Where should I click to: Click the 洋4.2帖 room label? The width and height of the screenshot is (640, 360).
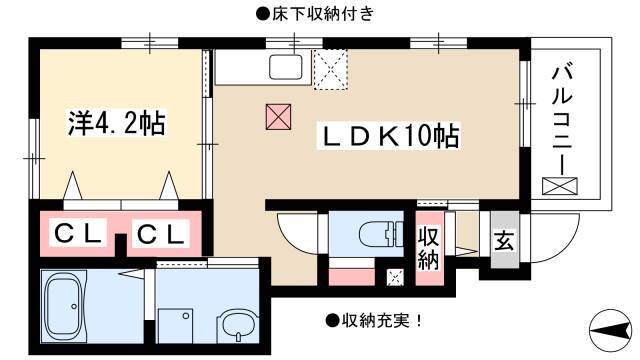pyautogui.click(x=117, y=123)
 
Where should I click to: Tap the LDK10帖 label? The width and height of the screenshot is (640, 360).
pyautogui.click(x=389, y=136)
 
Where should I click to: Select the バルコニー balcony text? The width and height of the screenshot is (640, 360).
pyautogui.click(x=562, y=118)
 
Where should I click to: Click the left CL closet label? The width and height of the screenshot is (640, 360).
pyautogui.click(x=78, y=234)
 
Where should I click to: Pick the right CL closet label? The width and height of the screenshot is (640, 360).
pyautogui.click(x=160, y=234)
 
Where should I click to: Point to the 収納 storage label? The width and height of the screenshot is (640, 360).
pyautogui.click(x=428, y=248)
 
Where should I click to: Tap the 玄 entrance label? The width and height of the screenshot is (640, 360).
pyautogui.click(x=504, y=241)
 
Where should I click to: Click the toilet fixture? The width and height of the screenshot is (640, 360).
pyautogui.click(x=381, y=234)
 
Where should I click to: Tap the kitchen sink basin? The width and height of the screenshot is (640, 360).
pyautogui.click(x=286, y=67)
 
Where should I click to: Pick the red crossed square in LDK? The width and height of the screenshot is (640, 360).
pyautogui.click(x=278, y=117)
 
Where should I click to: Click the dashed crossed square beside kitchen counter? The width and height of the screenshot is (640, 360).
pyautogui.click(x=330, y=69)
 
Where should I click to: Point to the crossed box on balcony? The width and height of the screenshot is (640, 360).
pyautogui.click(x=560, y=186)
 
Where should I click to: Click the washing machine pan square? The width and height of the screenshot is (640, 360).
pyautogui.click(x=175, y=326)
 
